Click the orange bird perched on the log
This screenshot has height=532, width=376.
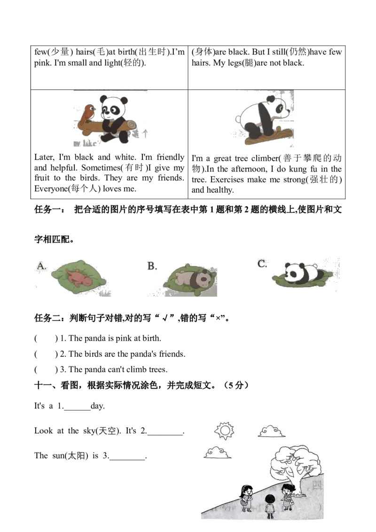pos(86,114)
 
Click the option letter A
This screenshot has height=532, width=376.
pos(42,267)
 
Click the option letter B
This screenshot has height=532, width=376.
pos(151,266)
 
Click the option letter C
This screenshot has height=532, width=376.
pos(262,264)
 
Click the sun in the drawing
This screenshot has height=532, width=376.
pos(224,430)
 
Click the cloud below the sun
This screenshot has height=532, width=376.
pos(217,453)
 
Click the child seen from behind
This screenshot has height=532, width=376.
pos(269,506)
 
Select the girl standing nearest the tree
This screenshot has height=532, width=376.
pos(286,496)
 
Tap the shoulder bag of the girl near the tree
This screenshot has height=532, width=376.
pos(290,502)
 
